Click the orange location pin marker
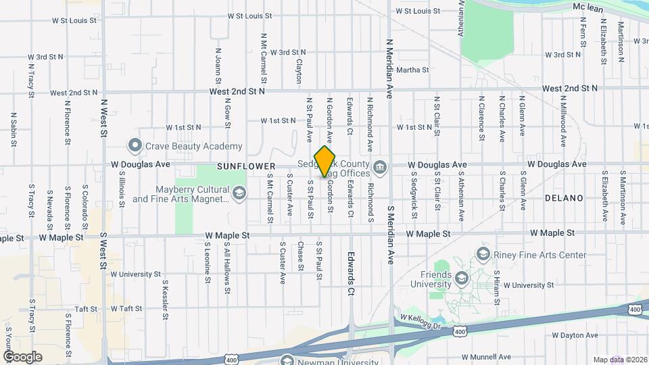tap(325, 161)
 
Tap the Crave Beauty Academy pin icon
tap(135, 146)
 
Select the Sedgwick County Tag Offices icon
tap(380, 166)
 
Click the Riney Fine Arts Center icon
tap(483, 254)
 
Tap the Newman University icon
tap(286, 359)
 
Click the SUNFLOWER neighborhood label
tap(246, 166)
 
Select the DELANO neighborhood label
tap(564, 198)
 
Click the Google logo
tap(23, 356)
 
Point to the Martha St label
tap(412, 70)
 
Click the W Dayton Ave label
tap(575, 335)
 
